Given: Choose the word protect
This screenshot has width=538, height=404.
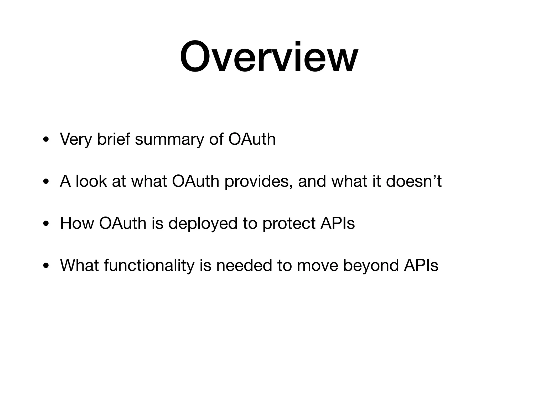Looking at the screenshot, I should [289, 224].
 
